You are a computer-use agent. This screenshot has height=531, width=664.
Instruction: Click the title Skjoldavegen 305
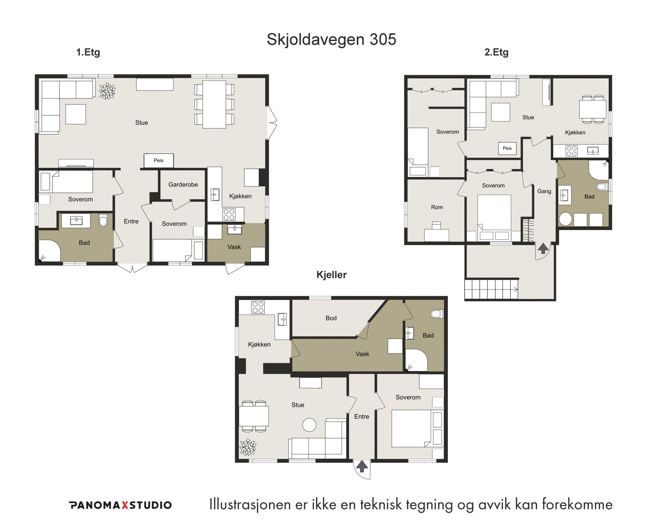(332, 39)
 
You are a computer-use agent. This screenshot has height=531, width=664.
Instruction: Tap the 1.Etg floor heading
(88, 52)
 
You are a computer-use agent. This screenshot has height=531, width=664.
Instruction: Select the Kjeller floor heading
(332, 275)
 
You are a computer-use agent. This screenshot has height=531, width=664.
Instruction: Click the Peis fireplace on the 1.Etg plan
(159, 161)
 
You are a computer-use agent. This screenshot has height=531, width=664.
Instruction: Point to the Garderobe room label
(183, 185)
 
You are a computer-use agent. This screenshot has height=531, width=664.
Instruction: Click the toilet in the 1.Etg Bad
(103, 220)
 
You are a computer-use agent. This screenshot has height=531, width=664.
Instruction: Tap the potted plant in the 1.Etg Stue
(107, 91)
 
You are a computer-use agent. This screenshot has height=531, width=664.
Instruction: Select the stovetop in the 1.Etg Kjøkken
(229, 214)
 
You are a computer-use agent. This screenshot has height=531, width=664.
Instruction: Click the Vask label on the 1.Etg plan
(234, 247)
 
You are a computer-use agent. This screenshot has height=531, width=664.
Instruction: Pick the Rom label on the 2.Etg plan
(437, 207)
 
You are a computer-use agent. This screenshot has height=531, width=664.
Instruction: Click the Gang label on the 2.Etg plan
(544, 191)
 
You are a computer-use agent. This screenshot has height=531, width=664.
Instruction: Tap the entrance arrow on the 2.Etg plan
(543, 248)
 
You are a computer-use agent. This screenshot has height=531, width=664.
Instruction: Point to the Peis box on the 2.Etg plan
(507, 148)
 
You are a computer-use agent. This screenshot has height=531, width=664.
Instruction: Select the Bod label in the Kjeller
(331, 318)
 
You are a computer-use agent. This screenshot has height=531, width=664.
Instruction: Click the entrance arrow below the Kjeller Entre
(362, 467)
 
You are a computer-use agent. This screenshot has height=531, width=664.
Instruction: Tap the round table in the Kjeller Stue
(309, 425)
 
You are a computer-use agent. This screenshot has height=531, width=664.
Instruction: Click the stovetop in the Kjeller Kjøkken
(258, 307)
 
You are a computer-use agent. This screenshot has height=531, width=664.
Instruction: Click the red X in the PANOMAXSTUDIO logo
(124, 505)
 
